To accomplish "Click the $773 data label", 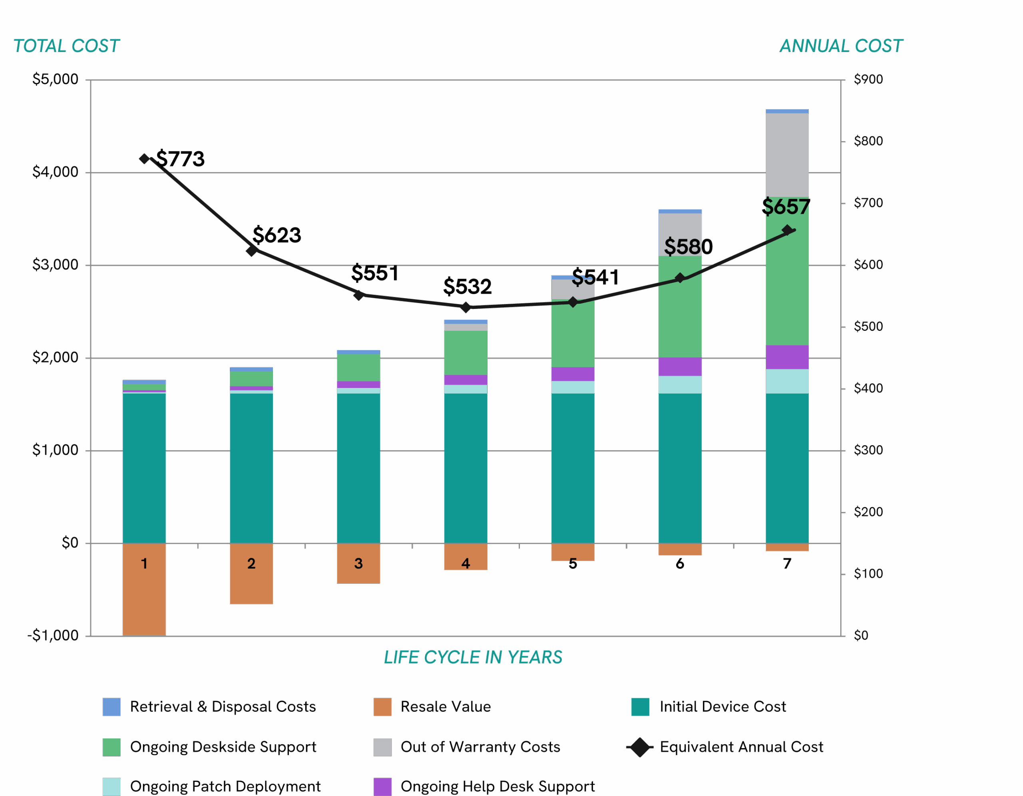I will (180, 159).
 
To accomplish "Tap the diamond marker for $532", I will (466, 307).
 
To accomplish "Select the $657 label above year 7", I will (786, 207).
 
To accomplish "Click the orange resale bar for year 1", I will (144, 600).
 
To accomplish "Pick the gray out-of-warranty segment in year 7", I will (787, 155).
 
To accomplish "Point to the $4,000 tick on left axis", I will (55, 172).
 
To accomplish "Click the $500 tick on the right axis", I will (868, 326).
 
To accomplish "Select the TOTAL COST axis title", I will (66, 46).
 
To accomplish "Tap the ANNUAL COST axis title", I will (841, 46).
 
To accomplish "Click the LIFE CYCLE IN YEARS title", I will (473, 657).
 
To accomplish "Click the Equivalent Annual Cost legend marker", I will (639, 747).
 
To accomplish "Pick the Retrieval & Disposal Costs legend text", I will (223, 706).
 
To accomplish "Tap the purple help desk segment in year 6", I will (680, 367).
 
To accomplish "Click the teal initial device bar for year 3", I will (358, 468).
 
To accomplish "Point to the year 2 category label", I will (251, 563).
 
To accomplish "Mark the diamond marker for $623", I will (251, 251).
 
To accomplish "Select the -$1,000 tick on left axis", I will (53, 635).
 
